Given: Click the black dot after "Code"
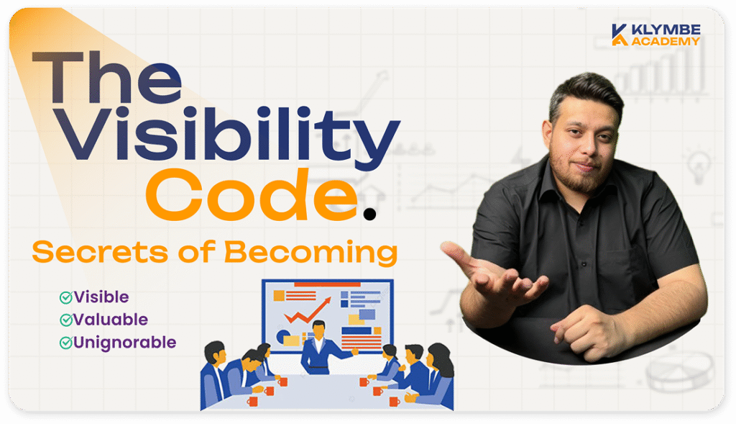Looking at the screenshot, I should pyautogui.click(x=369, y=212).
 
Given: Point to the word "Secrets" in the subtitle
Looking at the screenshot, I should pyautogui.click(x=93, y=253).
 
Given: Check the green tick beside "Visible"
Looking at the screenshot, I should pyautogui.click(x=65, y=297).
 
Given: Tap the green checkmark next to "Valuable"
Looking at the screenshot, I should pyautogui.click(x=65, y=319).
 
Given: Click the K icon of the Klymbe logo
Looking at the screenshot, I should pyautogui.click(x=619, y=34).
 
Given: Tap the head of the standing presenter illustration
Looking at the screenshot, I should pyautogui.click(x=318, y=330).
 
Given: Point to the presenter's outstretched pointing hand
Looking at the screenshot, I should pyautogui.click(x=354, y=352).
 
